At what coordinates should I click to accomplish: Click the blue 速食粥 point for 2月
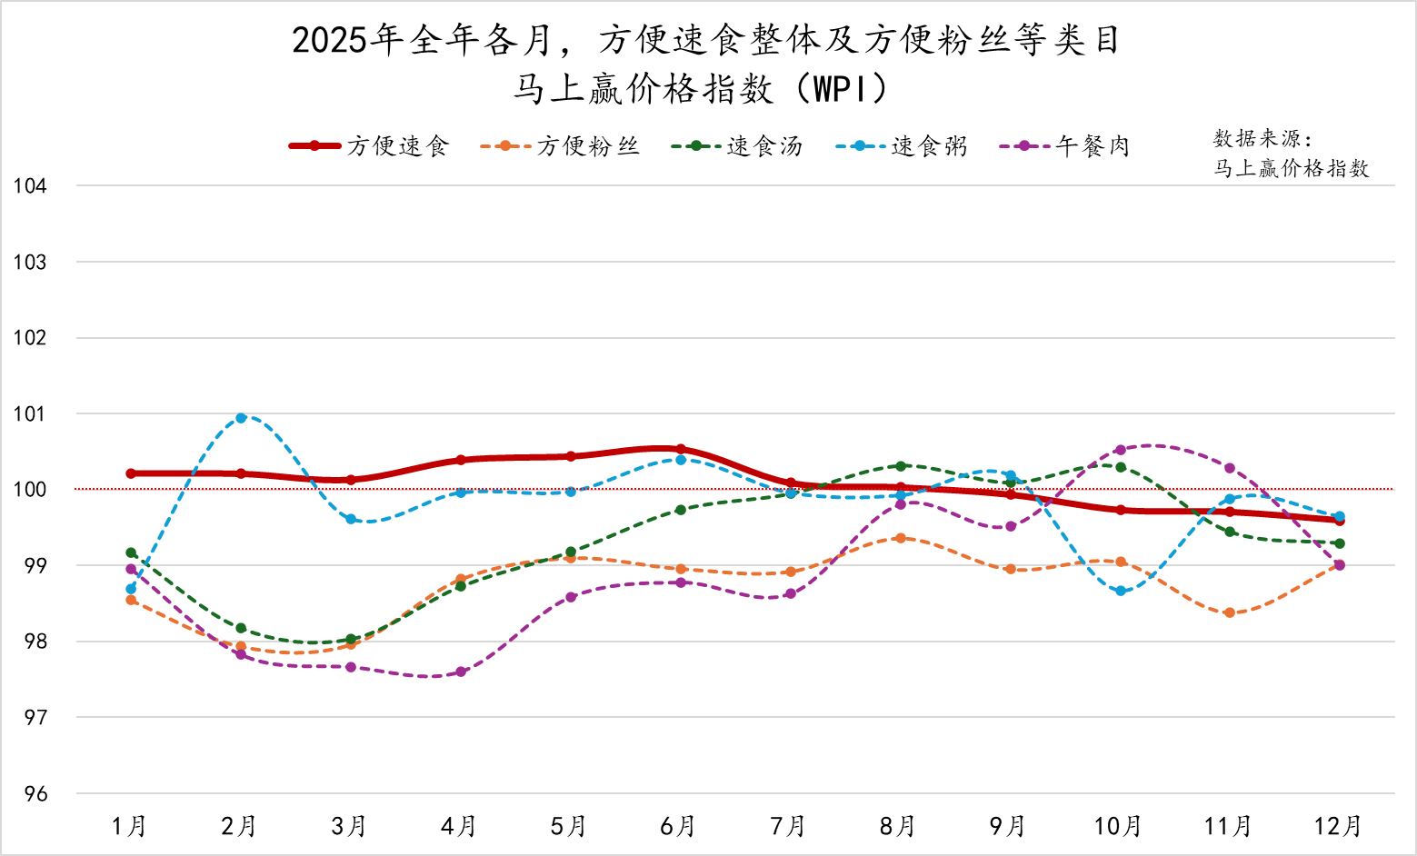(x=241, y=418)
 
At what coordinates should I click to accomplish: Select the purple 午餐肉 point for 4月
(x=461, y=672)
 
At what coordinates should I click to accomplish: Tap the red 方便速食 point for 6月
(x=681, y=449)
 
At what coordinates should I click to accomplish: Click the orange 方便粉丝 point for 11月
(x=1230, y=612)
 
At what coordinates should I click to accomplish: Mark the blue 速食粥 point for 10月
(x=1121, y=592)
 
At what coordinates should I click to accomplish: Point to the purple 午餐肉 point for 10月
(x=1121, y=450)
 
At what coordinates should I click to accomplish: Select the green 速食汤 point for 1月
(x=131, y=552)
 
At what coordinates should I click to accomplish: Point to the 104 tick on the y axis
(x=30, y=186)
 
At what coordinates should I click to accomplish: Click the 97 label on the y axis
(x=35, y=718)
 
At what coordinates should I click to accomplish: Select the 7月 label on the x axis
(x=788, y=826)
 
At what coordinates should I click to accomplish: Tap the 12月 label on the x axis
(x=1338, y=826)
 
